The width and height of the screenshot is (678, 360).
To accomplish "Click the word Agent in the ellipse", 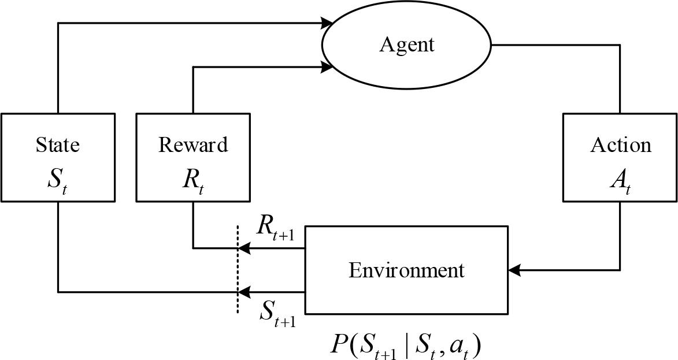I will tap(406, 44).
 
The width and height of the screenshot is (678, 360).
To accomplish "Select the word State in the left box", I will tap(58, 144).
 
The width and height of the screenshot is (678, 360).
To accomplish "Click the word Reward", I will tap(193, 144).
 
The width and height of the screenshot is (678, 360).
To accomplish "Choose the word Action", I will tap(620, 144).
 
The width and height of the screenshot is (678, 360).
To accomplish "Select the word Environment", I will tap(406, 270).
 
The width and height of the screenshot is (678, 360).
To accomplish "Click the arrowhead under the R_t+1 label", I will tap(244, 248).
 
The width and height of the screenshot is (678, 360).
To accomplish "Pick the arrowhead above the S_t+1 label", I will tap(244, 292).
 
